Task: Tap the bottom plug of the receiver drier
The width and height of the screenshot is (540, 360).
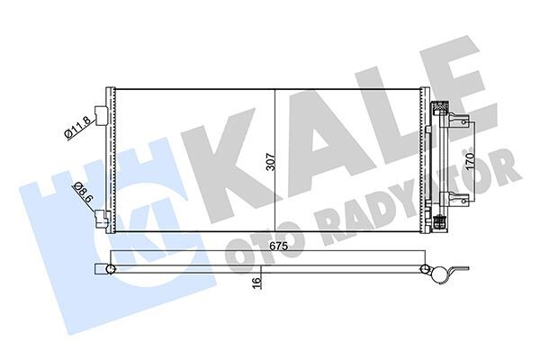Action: tap(440, 222)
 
